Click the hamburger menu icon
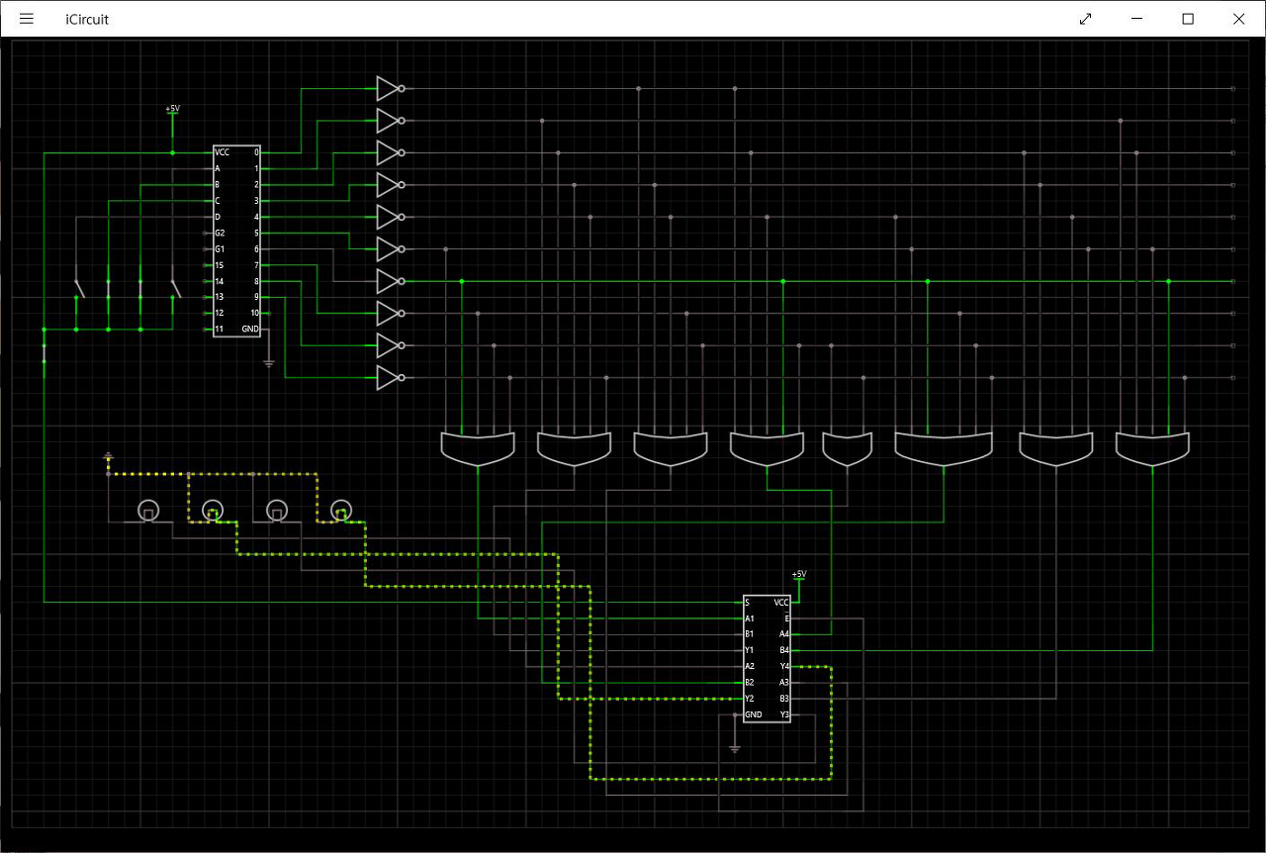coord(27,19)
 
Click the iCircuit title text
coord(87,19)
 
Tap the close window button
coord(1238,19)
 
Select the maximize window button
coord(1189,19)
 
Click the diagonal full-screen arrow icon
coord(1086,19)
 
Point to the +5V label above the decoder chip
coord(173,108)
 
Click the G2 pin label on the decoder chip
coord(220,233)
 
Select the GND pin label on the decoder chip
coord(249,329)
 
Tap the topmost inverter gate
coord(389,89)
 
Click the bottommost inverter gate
coord(389,377)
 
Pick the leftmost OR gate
coord(478,448)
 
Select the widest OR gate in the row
coord(944,448)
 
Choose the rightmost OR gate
coord(1152,448)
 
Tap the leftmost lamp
coord(147,511)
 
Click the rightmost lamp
coord(340,511)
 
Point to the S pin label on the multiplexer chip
coord(748,602)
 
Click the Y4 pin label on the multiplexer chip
coord(784,666)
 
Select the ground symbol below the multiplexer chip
coord(734,748)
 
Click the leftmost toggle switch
coord(78,288)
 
